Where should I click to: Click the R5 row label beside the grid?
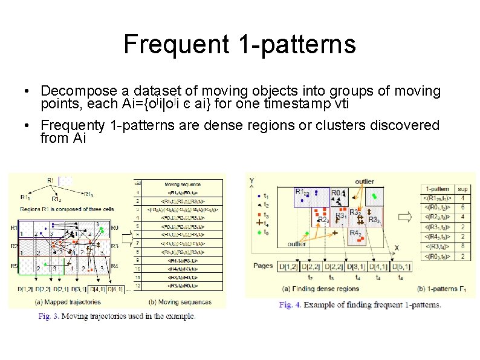[x=13, y=264]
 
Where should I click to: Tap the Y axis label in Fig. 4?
[x=251, y=180]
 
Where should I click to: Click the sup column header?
[x=462, y=188]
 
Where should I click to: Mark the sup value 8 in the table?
[x=462, y=246]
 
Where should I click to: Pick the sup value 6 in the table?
[x=462, y=208]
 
